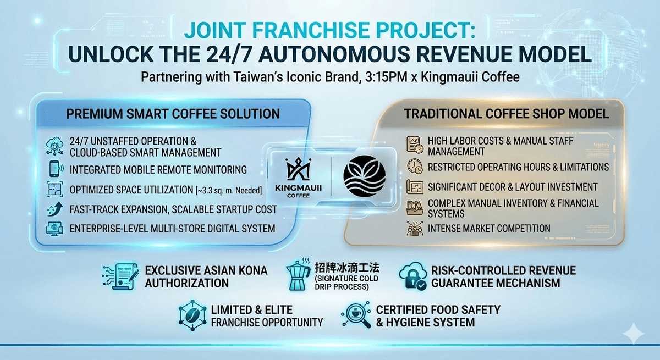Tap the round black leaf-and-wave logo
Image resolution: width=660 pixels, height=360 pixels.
click(x=365, y=176)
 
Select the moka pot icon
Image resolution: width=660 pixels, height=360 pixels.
click(x=298, y=275)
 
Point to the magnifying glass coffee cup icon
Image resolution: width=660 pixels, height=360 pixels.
click(x=356, y=315)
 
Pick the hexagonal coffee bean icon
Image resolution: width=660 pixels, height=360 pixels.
click(x=193, y=315)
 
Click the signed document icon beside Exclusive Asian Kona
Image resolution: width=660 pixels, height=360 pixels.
click(x=121, y=276)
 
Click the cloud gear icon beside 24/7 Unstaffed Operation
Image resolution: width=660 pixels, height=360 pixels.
click(x=55, y=146)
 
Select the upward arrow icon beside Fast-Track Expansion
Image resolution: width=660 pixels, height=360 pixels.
click(x=55, y=209)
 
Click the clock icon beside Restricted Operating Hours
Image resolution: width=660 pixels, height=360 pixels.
click(x=415, y=167)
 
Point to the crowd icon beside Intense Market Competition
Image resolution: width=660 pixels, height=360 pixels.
click(x=415, y=229)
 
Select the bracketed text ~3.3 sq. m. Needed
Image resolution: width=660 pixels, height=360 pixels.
click(x=229, y=191)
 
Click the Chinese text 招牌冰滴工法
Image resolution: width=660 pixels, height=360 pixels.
click(x=347, y=268)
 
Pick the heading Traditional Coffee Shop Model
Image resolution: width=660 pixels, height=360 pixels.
click(x=507, y=114)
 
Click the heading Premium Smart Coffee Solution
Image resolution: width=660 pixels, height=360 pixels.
click(x=173, y=114)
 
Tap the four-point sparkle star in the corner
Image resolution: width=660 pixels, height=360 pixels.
click(x=634, y=334)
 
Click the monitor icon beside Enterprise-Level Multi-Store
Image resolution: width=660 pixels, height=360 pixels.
click(x=55, y=229)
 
